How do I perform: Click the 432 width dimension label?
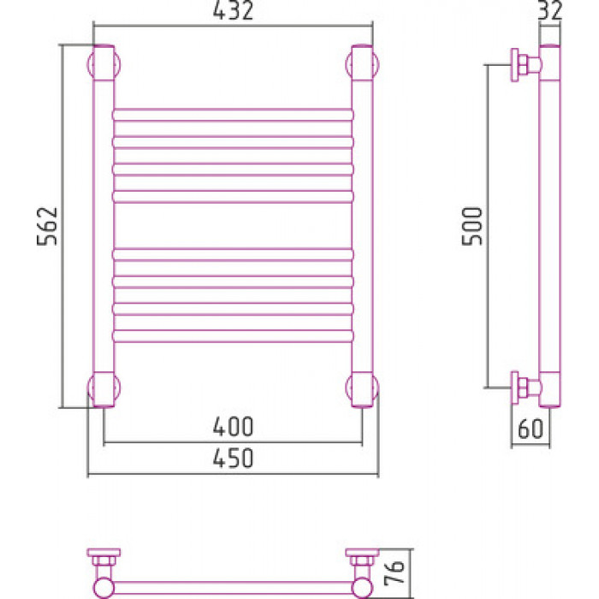[x=233, y=10]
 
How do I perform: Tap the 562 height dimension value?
[x=47, y=226]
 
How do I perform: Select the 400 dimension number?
[x=233, y=426]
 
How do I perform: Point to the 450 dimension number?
[x=233, y=458]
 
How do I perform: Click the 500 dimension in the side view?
[x=472, y=226]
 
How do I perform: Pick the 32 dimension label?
[x=550, y=10]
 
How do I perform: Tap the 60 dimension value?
[x=531, y=429]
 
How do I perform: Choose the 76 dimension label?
[x=394, y=573]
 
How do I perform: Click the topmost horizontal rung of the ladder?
[x=233, y=115]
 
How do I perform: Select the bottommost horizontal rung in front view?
[x=233, y=335]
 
